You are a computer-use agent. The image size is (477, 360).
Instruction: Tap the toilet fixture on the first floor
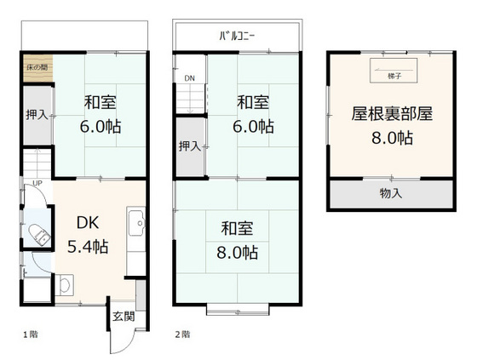pyautogui.click(x=40, y=235)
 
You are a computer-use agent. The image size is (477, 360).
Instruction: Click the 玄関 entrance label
pyautogui.click(x=123, y=317)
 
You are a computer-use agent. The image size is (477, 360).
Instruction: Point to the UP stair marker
pyautogui.click(x=37, y=183)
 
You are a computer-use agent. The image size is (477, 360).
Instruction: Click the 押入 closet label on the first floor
pyautogui.click(x=37, y=114)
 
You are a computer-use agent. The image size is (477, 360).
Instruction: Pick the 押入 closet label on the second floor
pyautogui.click(x=190, y=146)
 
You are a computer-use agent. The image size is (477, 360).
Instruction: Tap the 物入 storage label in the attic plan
pyautogui.click(x=391, y=193)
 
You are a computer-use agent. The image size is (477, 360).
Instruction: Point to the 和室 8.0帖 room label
pyautogui.click(x=238, y=240)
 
